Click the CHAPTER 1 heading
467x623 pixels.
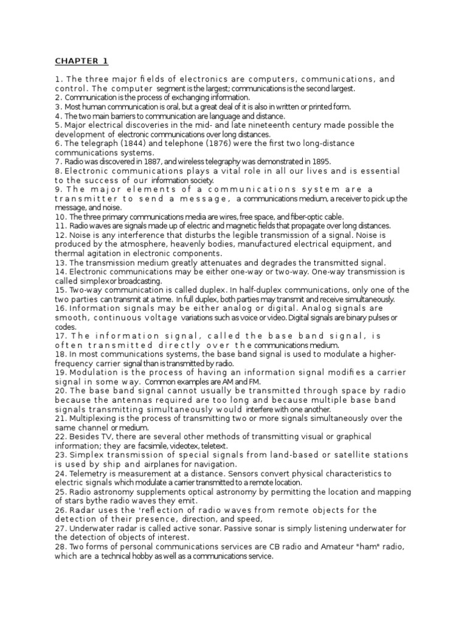[x=81, y=61]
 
